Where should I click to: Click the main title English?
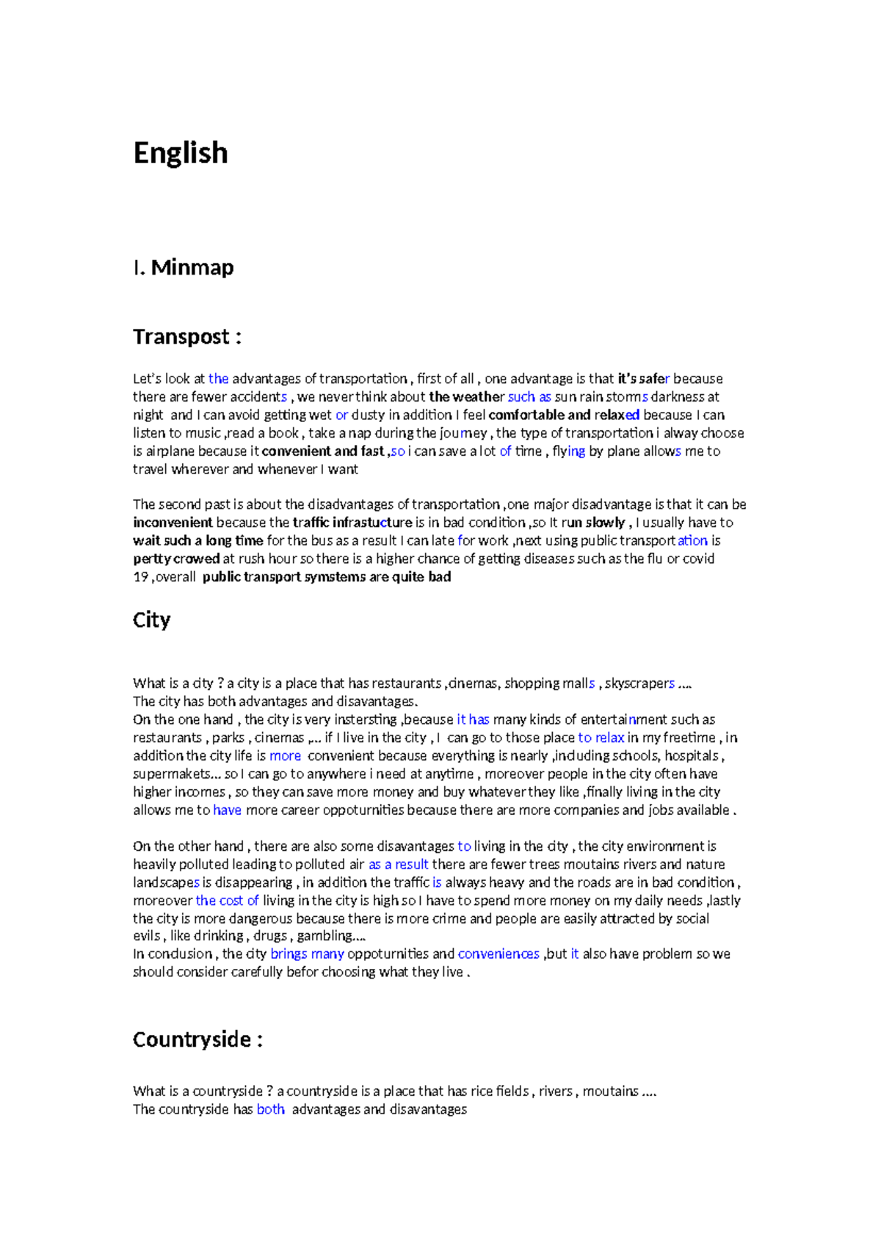[181, 153]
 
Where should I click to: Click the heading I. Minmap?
[184, 267]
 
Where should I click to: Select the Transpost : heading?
[187, 337]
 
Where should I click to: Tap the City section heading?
[152, 620]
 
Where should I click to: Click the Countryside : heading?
[197, 1039]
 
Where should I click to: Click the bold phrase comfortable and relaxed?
[564, 415]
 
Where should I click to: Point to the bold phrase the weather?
[466, 397]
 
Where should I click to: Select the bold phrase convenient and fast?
[323, 451]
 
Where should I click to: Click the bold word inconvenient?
[173, 523]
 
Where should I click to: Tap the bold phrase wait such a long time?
[197, 541]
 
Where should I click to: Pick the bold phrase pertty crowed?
[176, 559]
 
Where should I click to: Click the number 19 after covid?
[140, 577]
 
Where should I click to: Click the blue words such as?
[529, 397]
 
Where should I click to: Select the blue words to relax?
[601, 738]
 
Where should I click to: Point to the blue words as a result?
[398, 865]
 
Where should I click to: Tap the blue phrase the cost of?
[227, 901]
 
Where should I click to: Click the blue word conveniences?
[498, 954]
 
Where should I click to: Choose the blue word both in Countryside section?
[270, 1109]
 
